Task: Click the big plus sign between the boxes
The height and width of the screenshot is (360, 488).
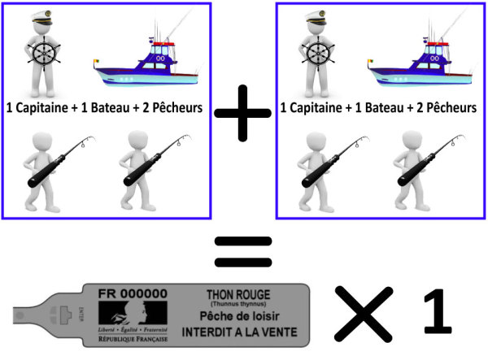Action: [x=242, y=113]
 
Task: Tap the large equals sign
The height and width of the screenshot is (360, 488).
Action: [x=243, y=252]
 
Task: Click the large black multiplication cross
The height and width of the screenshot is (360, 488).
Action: [x=364, y=314]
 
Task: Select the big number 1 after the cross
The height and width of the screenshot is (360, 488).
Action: [x=438, y=311]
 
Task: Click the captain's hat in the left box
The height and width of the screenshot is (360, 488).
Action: [x=42, y=18]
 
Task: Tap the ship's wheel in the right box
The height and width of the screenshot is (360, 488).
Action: [x=318, y=54]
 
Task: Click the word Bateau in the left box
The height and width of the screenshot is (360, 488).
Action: [x=106, y=108]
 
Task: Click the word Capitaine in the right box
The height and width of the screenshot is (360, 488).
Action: [x=316, y=108]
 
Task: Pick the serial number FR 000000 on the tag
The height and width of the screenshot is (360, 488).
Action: [x=133, y=294]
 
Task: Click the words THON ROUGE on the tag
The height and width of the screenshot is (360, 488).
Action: [x=238, y=294]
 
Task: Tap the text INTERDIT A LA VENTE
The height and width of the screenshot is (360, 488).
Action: [x=240, y=332]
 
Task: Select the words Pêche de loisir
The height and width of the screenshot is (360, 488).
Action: [x=239, y=316]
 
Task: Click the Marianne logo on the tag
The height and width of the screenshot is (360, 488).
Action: [x=133, y=313]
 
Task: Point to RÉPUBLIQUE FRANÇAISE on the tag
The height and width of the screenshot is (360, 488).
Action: [x=133, y=339]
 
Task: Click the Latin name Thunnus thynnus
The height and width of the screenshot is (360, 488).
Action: [x=238, y=304]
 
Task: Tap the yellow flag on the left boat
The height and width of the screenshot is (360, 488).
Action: [x=96, y=62]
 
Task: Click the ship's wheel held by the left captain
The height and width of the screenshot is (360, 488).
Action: [x=44, y=54]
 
